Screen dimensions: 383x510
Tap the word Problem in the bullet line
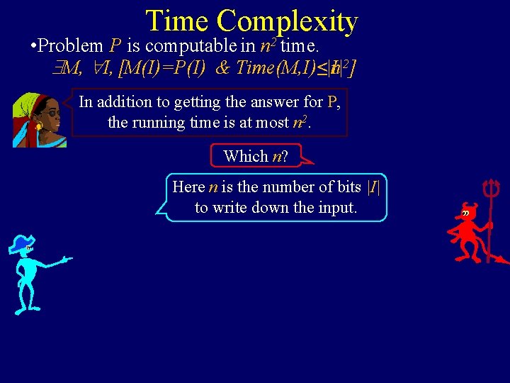click(71, 47)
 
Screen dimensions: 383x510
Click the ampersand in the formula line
click(222, 68)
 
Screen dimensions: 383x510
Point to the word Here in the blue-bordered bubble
click(188, 187)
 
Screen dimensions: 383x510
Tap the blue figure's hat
click(21, 244)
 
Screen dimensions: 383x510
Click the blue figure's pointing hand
click(67, 260)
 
